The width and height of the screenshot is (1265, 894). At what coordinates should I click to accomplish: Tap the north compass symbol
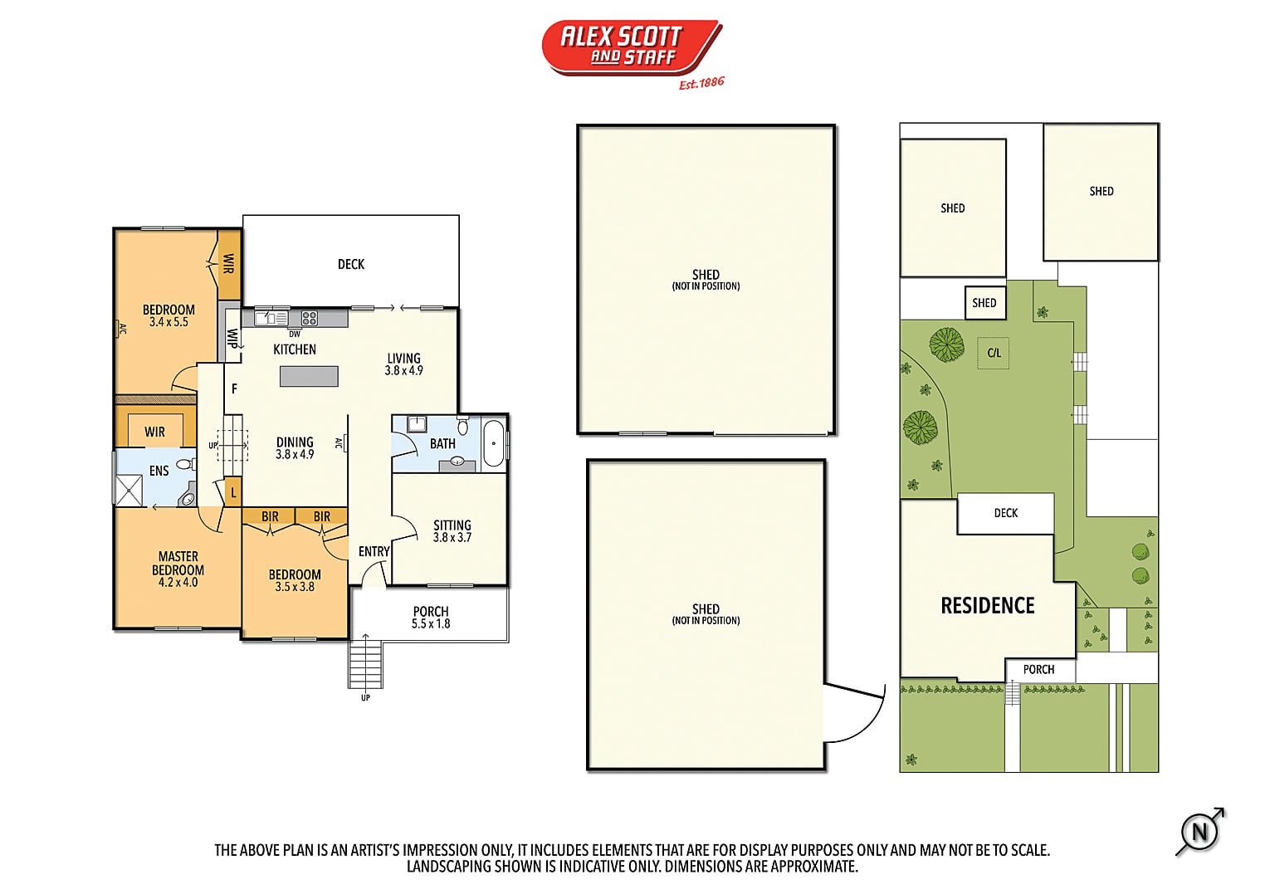tap(1200, 831)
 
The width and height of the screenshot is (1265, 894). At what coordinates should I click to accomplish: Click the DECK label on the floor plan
tap(351, 264)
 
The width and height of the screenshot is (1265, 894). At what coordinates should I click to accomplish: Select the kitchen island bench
tap(309, 377)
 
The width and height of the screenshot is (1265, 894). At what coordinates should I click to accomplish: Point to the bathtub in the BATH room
tap(494, 443)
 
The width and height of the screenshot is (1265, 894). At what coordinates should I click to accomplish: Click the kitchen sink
tap(271, 318)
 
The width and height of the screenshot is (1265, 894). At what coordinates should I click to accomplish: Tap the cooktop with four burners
tap(309, 318)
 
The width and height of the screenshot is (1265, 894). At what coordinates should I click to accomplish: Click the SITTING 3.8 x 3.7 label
tap(452, 531)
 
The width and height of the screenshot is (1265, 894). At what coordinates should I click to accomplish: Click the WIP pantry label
tap(232, 338)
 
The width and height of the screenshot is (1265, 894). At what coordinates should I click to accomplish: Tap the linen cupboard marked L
tap(233, 492)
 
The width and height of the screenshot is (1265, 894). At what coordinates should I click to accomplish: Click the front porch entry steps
tap(365, 664)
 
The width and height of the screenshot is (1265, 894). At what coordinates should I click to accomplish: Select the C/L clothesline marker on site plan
tap(994, 353)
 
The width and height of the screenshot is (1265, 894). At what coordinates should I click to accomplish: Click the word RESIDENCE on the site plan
tap(988, 606)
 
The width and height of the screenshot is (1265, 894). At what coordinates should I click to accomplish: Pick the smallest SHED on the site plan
tap(984, 303)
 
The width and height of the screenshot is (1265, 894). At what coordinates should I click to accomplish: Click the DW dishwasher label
tap(295, 334)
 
